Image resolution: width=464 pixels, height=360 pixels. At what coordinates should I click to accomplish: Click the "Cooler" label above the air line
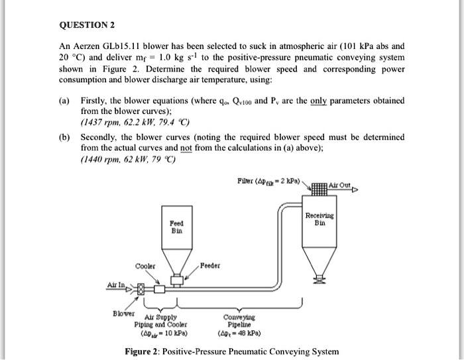click(146, 267)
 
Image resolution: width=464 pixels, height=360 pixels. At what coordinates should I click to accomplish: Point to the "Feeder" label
click(211, 267)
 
